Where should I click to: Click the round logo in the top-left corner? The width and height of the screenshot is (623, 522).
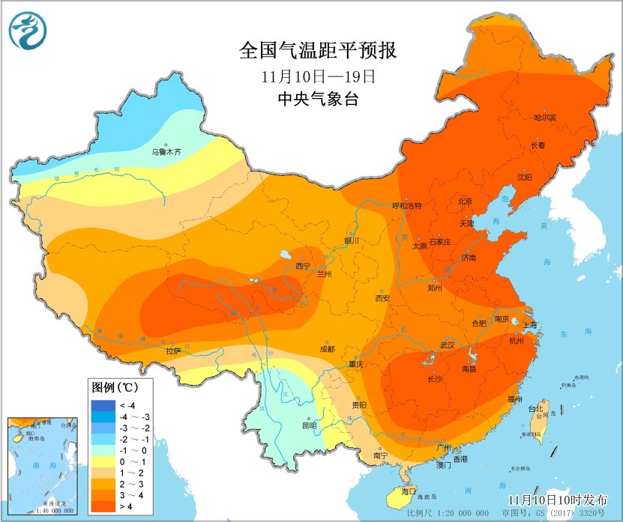tap(28, 31)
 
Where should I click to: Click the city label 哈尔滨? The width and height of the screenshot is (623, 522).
tap(545, 118)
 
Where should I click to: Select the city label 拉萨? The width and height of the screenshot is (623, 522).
tap(173, 350)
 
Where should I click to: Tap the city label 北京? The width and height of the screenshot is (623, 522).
tap(465, 201)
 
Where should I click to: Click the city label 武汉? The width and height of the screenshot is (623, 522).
tap(448, 345)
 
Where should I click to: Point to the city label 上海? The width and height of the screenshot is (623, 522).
tap(529, 325)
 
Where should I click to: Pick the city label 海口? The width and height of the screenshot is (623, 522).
tap(409, 491)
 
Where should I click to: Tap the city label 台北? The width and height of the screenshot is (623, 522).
tap(535, 409)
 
